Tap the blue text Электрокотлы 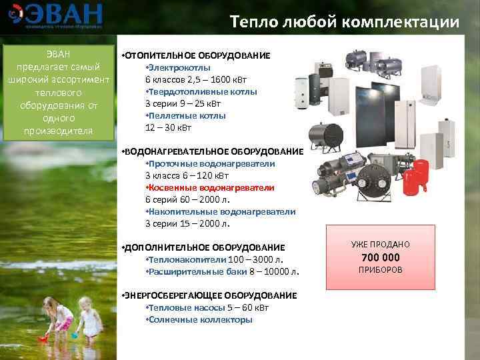[x=178, y=67]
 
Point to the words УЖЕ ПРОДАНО [x=380, y=245]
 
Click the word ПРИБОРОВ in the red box [x=380, y=270]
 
